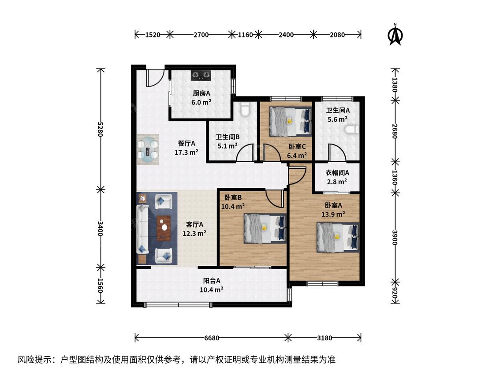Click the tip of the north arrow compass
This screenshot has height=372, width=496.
coord(395,24)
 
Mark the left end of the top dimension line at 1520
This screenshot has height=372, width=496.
coord(135,34)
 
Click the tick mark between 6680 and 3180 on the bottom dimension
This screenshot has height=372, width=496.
coord(288,338)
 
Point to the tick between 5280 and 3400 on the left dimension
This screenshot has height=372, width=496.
coord(101,190)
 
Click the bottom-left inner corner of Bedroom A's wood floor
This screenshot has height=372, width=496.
coord(290,280)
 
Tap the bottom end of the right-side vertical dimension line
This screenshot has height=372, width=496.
coord(395,303)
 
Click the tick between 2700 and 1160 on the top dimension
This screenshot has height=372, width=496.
coord(232,34)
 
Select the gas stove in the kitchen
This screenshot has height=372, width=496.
coord(201,75)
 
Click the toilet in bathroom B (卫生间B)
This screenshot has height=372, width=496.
coord(245,109)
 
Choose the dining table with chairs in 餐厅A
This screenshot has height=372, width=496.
coord(148,149)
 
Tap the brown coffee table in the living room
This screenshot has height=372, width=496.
coord(164,228)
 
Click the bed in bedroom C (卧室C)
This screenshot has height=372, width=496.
coord(291,122)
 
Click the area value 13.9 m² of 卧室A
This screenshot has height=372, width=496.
coord(333,214)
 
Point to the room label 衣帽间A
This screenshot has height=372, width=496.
coord(337,173)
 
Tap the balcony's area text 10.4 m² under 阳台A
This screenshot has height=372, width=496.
coord(212,289)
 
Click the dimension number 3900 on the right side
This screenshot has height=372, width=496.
coord(395,237)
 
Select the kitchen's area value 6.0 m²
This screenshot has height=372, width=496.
coord(201,102)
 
